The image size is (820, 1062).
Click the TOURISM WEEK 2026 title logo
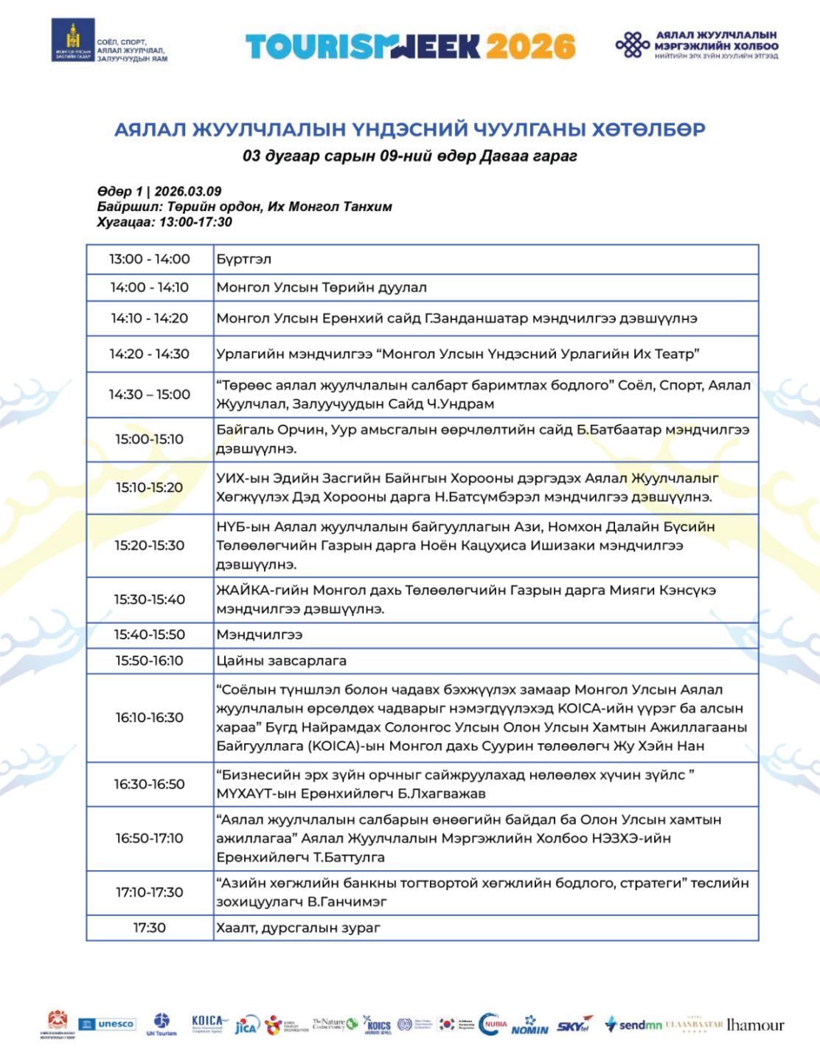[410, 46]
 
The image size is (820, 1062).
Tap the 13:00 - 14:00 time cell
[150, 260]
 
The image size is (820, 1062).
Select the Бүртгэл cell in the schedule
[244, 260]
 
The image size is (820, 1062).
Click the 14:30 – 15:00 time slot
[150, 395]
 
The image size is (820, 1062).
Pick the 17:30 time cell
[150, 928]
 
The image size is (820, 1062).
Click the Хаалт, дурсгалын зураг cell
[299, 928]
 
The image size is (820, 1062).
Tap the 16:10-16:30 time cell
[150, 718]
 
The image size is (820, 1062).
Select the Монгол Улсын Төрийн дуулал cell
[322, 288]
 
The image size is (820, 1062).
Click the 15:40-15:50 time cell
[150, 634]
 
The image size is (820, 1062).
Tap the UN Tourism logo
[161, 1024]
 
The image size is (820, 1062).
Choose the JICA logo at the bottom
[246, 1026]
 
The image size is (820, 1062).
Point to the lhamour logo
[755, 1025]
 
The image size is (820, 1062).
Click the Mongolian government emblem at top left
[72, 41]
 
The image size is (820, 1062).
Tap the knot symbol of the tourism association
[632, 46]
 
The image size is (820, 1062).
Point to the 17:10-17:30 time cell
[150, 892]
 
